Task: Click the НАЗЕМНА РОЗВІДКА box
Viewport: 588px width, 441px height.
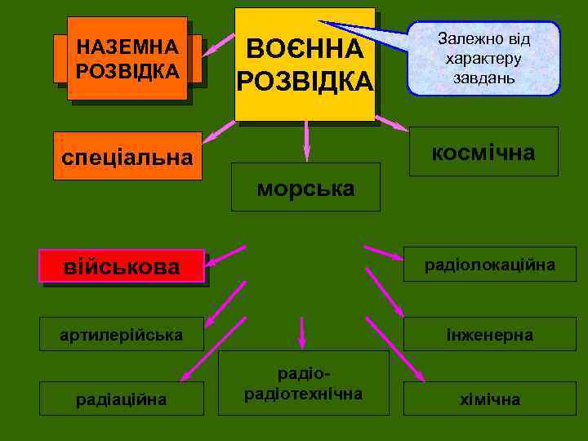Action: click(127, 59)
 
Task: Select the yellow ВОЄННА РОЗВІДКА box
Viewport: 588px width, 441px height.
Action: click(305, 65)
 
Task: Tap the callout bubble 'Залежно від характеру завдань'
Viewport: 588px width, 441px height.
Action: click(483, 59)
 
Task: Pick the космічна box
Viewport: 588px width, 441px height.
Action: click(483, 152)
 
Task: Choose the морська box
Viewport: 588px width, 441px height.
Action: click(305, 188)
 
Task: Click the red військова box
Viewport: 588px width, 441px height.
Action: click(122, 265)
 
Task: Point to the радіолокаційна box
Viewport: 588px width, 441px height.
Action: click(489, 265)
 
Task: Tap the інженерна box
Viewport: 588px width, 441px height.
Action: click(489, 334)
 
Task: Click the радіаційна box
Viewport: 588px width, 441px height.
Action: click(122, 399)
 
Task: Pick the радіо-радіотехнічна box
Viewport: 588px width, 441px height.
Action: click(304, 384)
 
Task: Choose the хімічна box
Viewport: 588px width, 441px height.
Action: click(489, 399)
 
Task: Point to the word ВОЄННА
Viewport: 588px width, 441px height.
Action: click(305, 49)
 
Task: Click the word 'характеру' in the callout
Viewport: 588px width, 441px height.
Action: click(483, 59)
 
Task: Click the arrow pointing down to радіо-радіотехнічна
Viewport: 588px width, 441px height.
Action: click(302, 332)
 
